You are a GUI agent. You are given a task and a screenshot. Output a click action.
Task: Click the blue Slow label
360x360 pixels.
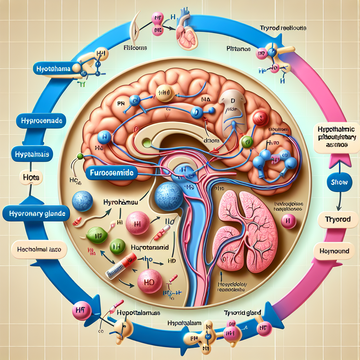(340, 182)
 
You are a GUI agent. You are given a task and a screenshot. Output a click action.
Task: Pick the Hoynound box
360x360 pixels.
(334, 251)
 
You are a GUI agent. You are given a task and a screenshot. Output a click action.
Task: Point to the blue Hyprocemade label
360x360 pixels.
(41, 121)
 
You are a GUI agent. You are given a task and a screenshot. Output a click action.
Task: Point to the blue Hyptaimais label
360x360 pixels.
(32, 154)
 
